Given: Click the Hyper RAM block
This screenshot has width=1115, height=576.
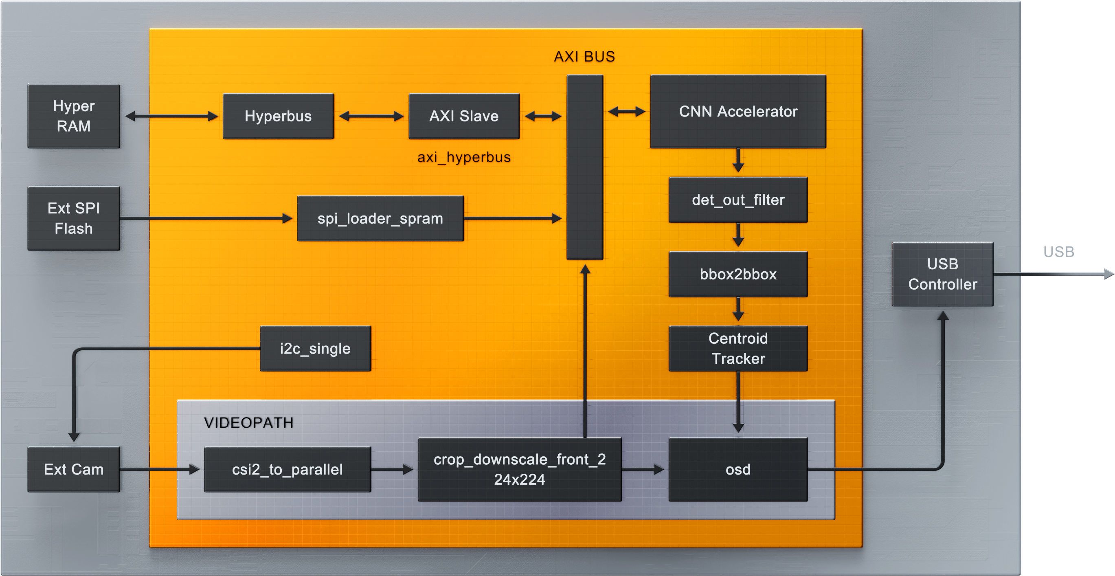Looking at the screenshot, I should [x=74, y=116].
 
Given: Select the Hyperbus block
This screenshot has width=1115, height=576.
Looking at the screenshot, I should [x=278, y=116].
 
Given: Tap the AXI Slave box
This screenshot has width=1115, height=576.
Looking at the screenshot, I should [x=463, y=116].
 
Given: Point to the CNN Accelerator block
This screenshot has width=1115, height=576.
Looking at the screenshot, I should [x=738, y=111].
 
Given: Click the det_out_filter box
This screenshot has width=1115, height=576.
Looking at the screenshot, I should [x=738, y=200].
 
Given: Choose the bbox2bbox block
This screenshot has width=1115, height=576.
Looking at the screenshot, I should [x=738, y=274].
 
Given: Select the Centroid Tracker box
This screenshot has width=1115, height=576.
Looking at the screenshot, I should [x=738, y=348].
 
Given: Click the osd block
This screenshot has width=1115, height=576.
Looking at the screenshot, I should [x=738, y=469].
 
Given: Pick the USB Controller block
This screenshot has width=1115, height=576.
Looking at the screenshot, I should [x=942, y=274].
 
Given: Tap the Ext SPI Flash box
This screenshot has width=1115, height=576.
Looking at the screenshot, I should [x=74, y=218].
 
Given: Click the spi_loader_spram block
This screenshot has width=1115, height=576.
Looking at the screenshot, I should [x=380, y=218].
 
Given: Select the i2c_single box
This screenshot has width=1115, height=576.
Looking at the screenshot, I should [x=315, y=348].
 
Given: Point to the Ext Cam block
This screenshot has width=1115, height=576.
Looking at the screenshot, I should [x=74, y=469].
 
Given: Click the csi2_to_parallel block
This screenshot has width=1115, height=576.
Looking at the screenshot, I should [x=288, y=469].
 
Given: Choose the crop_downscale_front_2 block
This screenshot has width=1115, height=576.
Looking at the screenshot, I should [x=519, y=469].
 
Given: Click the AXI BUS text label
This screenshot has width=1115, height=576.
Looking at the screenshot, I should [x=584, y=57].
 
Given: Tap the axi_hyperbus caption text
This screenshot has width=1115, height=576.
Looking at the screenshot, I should [x=463, y=157].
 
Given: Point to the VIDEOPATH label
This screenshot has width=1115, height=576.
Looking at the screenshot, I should [x=248, y=423].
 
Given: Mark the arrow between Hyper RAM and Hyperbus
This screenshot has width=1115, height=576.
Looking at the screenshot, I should [x=171, y=116].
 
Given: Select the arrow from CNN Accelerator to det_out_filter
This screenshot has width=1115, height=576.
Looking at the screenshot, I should [x=738, y=160].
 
